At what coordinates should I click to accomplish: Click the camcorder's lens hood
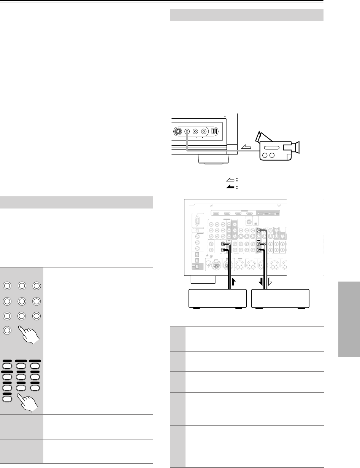(297, 146)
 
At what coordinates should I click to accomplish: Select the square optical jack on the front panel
(213, 132)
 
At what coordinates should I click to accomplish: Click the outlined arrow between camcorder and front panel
(246, 147)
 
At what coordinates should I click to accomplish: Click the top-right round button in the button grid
(36, 287)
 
